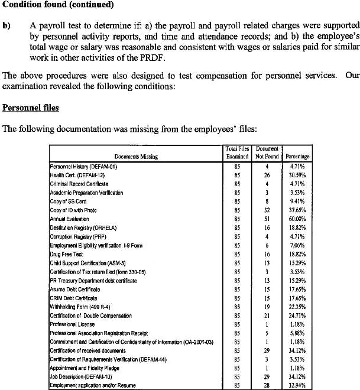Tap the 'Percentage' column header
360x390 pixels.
297,157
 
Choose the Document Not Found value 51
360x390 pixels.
267,219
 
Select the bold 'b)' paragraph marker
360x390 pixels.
7,26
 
